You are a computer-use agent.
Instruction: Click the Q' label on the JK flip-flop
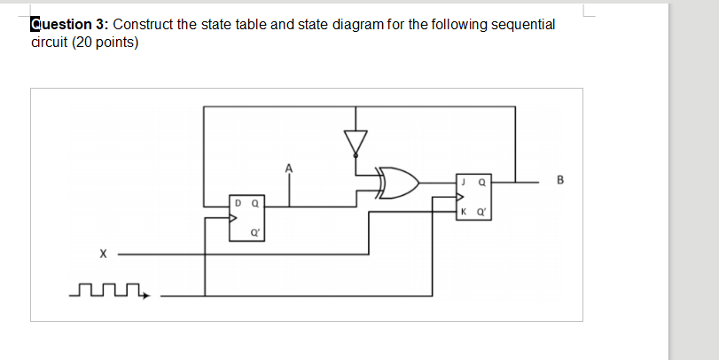click(481, 213)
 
